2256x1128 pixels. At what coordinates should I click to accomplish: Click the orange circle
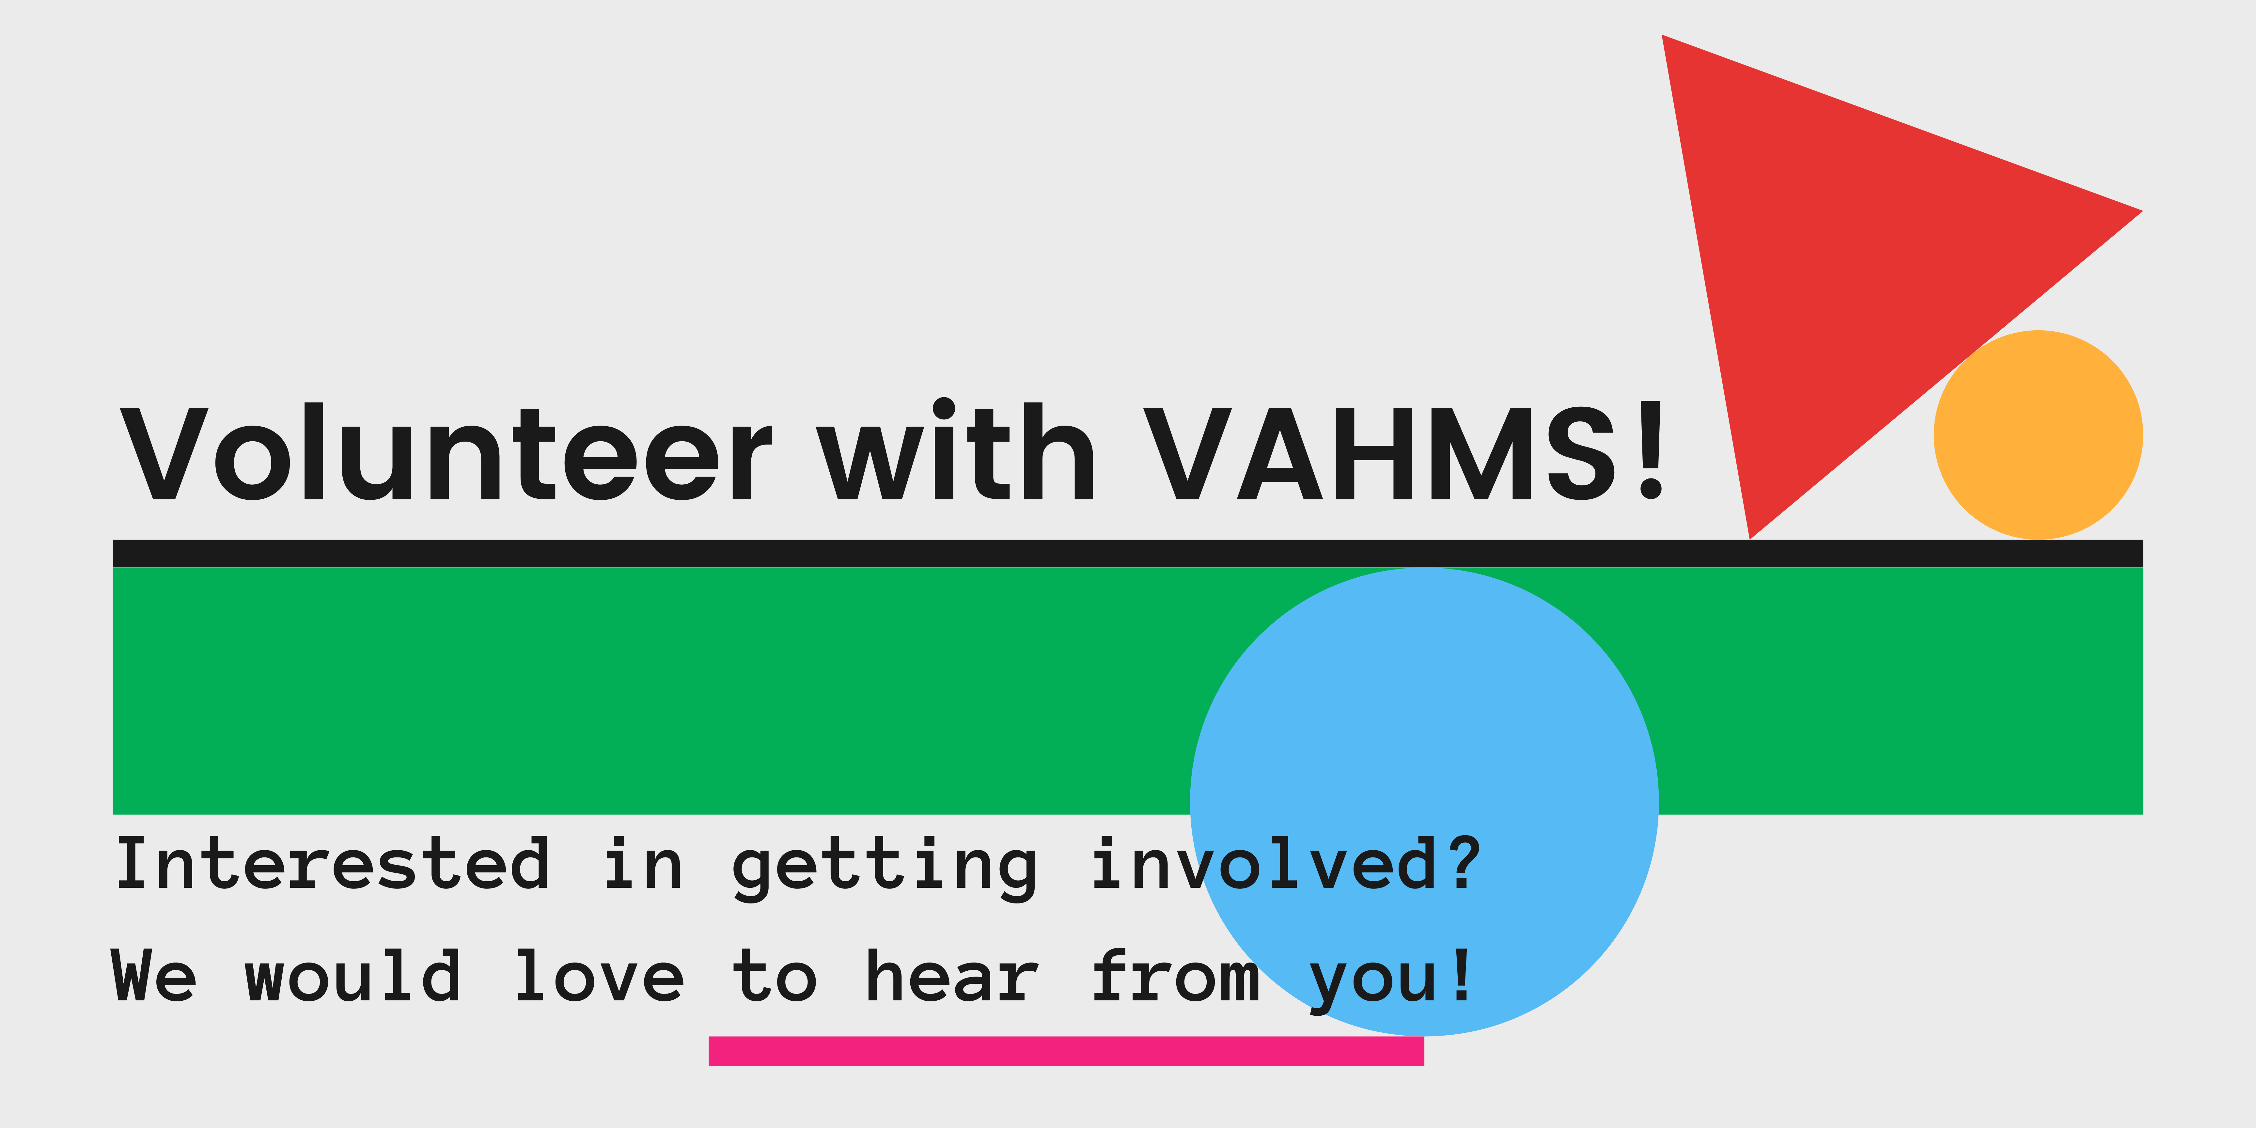pyautogui.click(x=2038, y=434)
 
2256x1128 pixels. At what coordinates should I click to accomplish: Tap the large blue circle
pyautogui.click(x=1424, y=801)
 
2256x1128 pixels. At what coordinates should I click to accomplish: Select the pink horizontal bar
pyautogui.click(x=1066, y=1051)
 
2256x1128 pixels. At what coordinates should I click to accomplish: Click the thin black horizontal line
pyautogui.click(x=1128, y=554)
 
